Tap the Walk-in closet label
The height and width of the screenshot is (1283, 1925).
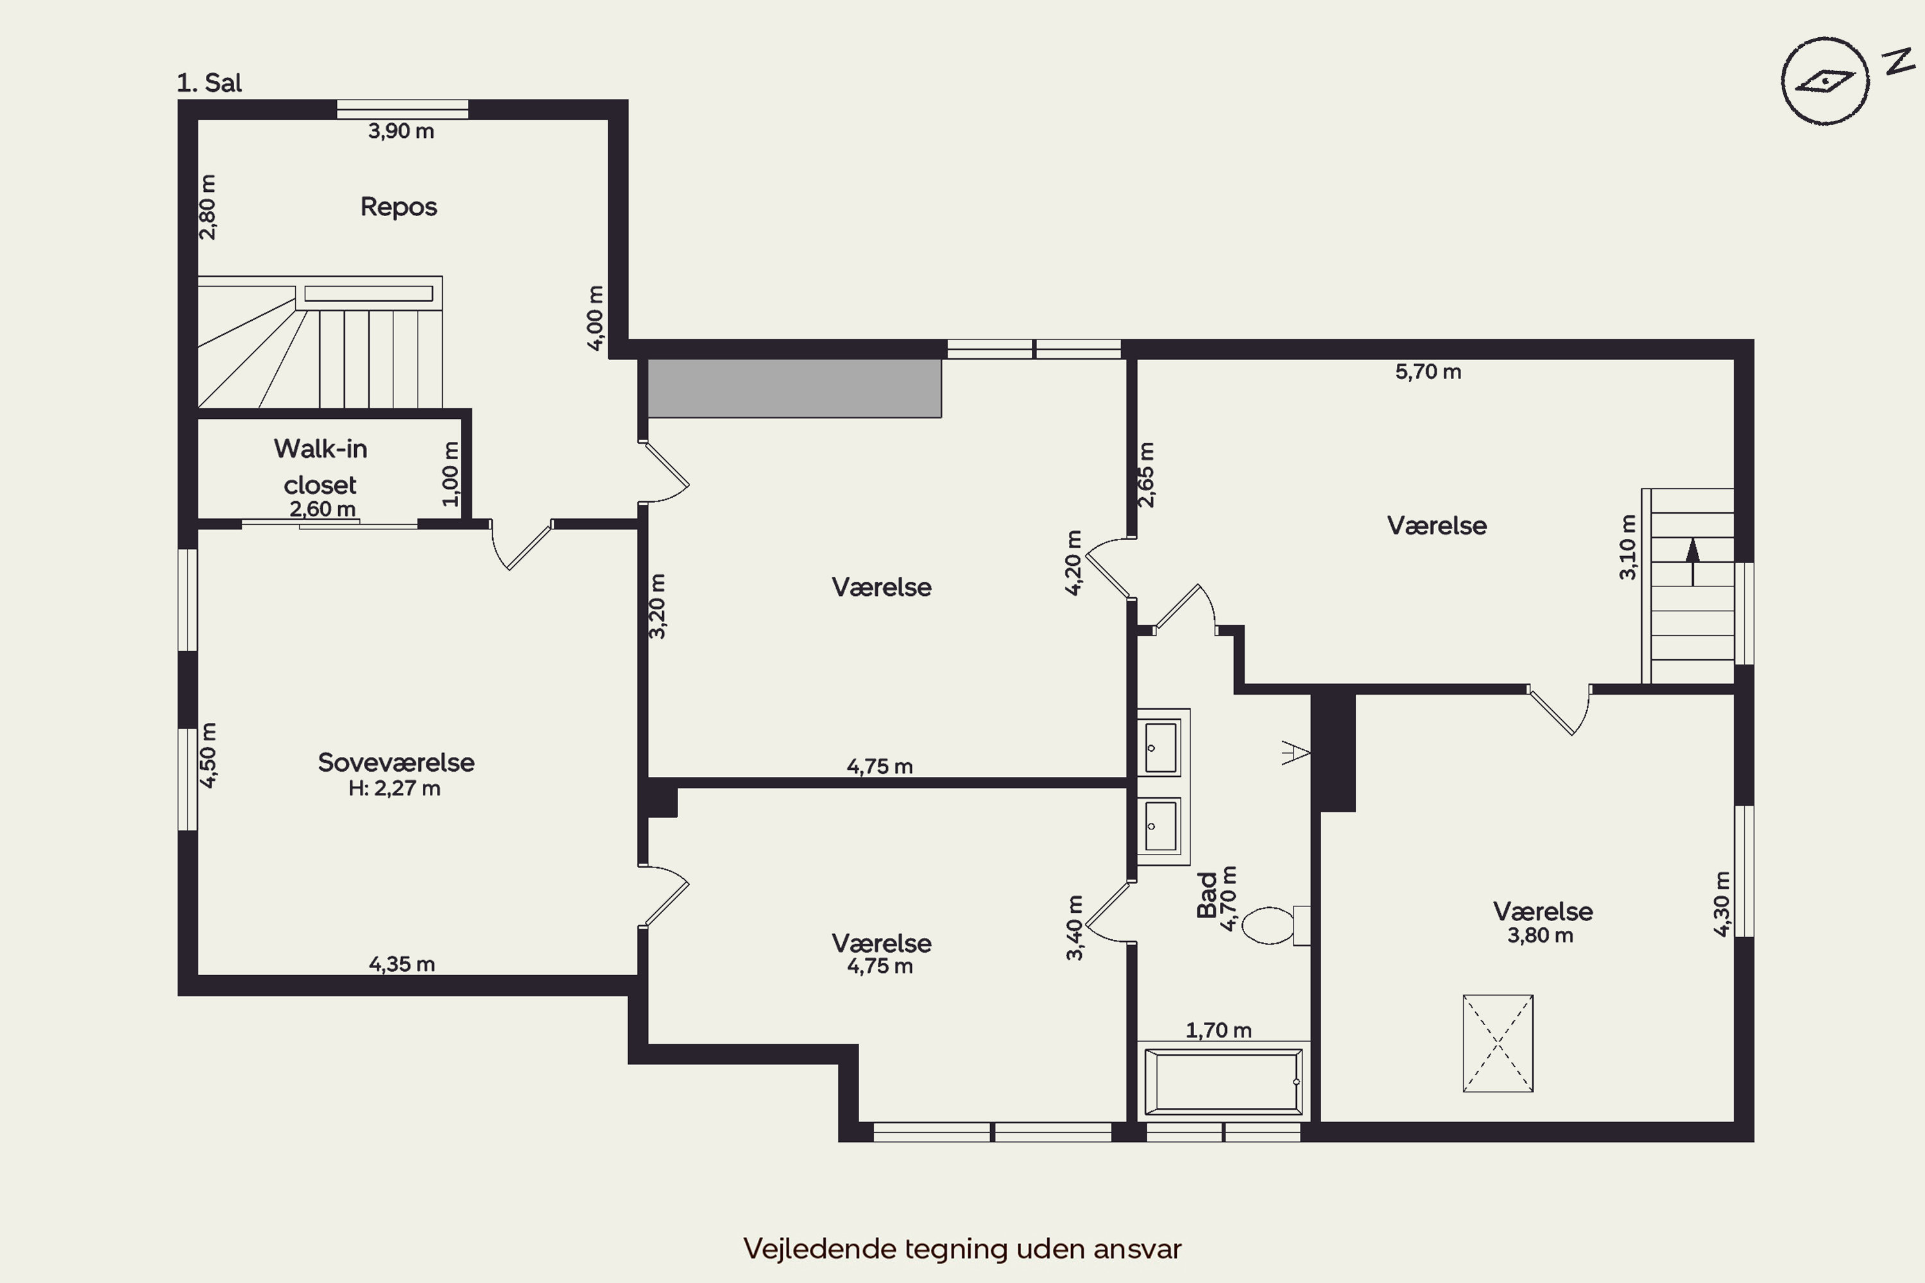pos(320,466)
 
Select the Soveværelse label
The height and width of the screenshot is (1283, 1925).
pos(396,763)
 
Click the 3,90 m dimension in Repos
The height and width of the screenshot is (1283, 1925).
pos(401,131)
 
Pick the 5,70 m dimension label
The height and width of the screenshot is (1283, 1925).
pos(1428,371)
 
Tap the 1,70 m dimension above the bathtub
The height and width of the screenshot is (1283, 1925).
pos(1219,1030)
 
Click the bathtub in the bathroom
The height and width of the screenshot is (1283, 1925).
pos(1224,1081)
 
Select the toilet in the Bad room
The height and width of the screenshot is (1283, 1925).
pos(1275,926)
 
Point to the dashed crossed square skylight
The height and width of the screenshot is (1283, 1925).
pos(1498,1043)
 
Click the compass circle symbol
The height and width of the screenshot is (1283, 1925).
pos(1825,81)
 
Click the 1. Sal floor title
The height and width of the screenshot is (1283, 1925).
pos(210,83)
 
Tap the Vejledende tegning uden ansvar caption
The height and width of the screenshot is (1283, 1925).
pos(963,1248)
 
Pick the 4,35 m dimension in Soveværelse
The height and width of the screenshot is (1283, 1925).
pos(402,964)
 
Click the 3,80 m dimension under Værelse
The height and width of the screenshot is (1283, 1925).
pos(1541,935)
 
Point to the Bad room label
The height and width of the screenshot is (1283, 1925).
pos(1206,895)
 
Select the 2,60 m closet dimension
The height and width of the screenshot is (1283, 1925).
pos(323,509)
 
